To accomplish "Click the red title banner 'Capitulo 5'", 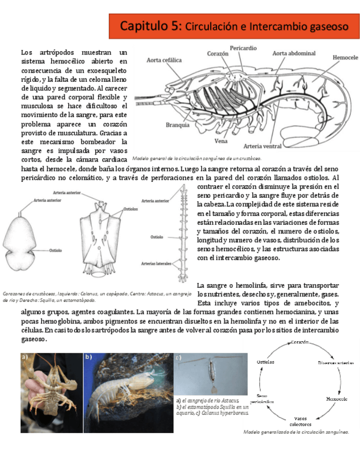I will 234,26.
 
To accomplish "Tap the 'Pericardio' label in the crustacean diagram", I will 243,48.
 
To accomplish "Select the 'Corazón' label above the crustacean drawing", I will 218,54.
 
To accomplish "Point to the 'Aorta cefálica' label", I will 164,60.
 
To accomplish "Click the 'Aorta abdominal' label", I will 294,54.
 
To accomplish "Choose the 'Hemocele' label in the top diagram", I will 345,57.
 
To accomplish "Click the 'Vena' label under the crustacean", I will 221,141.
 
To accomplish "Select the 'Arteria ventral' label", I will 262,146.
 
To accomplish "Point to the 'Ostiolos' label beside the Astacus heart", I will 131,209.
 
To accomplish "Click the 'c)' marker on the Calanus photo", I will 178,358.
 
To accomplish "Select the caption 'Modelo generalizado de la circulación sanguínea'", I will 296,432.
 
